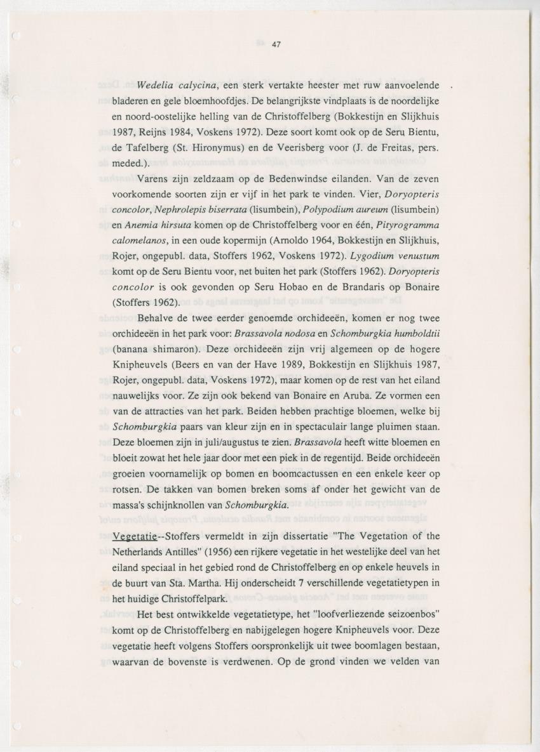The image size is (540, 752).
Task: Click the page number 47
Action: click(276, 44)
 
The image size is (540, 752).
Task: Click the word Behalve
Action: click(158, 318)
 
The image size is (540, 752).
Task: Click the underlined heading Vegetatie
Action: click(134, 536)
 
